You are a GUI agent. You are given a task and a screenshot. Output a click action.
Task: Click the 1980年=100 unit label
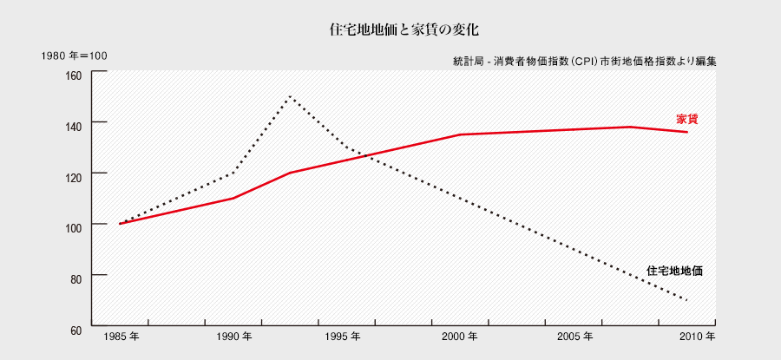click(x=74, y=56)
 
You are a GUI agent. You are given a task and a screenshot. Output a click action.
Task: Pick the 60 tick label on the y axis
click(x=75, y=330)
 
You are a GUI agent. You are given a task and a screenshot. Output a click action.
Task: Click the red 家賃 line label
click(x=687, y=119)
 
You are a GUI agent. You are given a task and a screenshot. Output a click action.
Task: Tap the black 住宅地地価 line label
click(x=674, y=271)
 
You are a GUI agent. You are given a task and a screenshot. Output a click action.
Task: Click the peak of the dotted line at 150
click(x=290, y=96)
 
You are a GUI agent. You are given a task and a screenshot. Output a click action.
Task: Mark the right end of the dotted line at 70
click(x=687, y=300)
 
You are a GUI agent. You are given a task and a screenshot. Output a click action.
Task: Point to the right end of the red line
click(x=687, y=132)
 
